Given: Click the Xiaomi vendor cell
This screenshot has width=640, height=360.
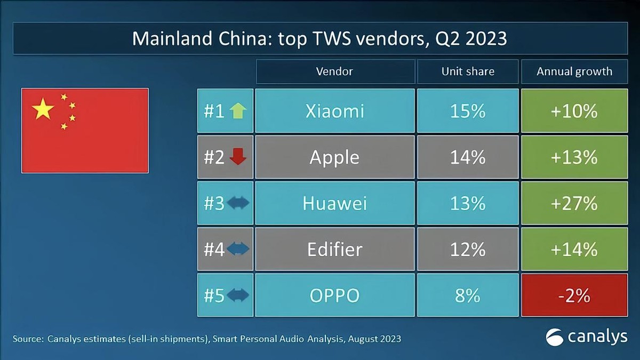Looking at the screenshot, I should [335, 111].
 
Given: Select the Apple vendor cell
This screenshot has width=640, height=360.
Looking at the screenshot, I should [335, 157].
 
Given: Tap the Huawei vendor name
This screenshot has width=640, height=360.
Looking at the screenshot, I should [335, 203].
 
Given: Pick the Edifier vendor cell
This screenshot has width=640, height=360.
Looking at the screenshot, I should [335, 249].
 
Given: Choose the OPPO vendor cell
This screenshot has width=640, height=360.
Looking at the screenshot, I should [335, 295].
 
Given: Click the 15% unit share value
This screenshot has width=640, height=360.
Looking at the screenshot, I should [468, 111].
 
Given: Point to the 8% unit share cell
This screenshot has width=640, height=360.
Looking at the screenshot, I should [468, 295].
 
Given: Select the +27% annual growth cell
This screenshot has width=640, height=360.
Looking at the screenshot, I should [574, 203].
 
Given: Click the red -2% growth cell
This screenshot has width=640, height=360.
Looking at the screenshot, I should [574, 295].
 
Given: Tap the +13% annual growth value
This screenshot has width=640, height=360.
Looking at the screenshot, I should [574, 157].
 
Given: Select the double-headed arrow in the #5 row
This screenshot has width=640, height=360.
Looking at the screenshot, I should [238, 295].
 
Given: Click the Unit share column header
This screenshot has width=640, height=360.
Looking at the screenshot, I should [468, 71].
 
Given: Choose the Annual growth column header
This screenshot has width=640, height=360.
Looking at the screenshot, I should [574, 71].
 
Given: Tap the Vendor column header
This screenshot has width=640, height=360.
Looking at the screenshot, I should [335, 71].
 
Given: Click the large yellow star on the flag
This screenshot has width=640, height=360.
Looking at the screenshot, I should [43, 109].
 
